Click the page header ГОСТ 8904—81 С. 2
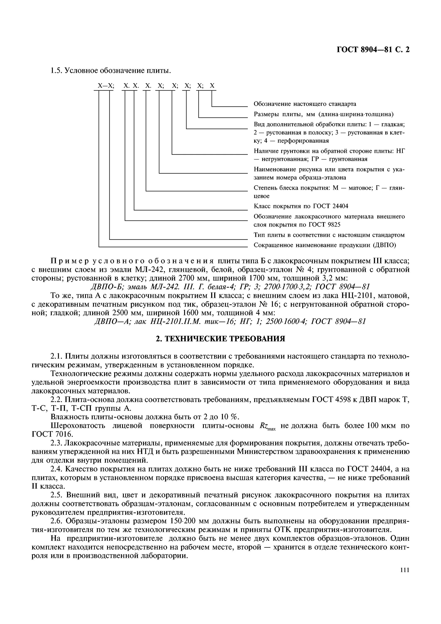pos(373,50)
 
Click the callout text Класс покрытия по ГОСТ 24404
pos(301,206)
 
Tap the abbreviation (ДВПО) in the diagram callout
pos(385,245)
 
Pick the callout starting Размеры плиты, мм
pos(323,114)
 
